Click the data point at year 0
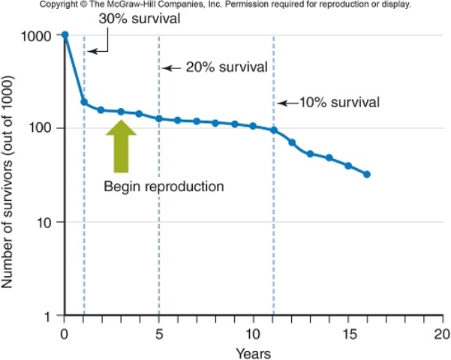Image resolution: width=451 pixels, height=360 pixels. (x=65, y=35)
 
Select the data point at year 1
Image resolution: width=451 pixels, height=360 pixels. (x=84, y=102)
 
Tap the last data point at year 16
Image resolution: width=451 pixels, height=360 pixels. (x=366, y=174)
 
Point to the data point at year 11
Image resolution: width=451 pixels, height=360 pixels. (x=273, y=130)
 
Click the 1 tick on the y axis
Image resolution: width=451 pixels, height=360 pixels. (x=47, y=316)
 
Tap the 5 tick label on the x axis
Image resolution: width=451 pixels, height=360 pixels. (x=159, y=332)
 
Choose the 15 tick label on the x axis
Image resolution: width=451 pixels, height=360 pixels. (x=347, y=332)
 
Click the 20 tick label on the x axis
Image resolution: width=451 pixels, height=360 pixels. (x=442, y=332)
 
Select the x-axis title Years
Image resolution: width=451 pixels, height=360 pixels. (x=252, y=351)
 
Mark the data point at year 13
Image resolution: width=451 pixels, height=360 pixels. (x=310, y=154)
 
